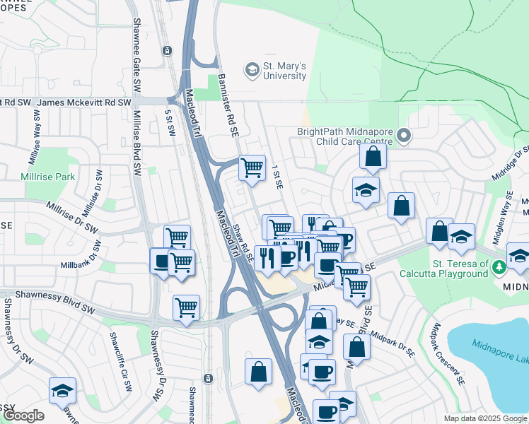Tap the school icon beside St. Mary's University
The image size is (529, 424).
coord(251,71)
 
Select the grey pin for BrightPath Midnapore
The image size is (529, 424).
coord(404,135)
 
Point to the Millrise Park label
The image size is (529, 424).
coord(47,176)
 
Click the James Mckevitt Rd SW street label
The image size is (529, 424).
coord(83,102)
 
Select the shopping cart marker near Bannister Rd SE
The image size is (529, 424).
coord(251,168)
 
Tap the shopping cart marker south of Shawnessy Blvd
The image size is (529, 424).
coord(186,307)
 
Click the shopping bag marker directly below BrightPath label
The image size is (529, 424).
coord(373,156)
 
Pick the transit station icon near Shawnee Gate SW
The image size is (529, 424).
coord(167,50)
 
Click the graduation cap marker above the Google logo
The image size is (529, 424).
coord(62,391)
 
